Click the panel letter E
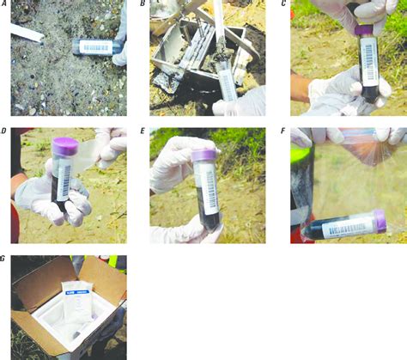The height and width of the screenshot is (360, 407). pyautogui.click(x=143, y=132)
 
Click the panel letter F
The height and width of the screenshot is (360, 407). pyautogui.click(x=283, y=132)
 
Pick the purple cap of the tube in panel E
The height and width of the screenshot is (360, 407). pyautogui.click(x=203, y=154)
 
